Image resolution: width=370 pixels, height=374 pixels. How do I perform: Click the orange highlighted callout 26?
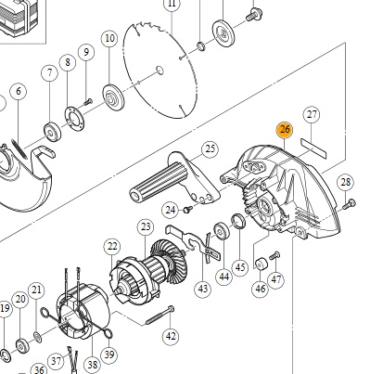pyautogui.click(x=285, y=129)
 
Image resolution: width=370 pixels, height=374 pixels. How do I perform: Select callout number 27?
pyautogui.click(x=312, y=115)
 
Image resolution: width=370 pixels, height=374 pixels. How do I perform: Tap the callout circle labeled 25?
pyautogui.click(x=211, y=148)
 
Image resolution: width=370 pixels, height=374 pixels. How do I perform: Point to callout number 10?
pyautogui.click(x=109, y=38)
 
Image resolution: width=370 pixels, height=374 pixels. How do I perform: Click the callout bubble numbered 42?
pyautogui.click(x=171, y=336)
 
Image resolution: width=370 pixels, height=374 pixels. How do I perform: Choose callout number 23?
pyautogui.click(x=146, y=227)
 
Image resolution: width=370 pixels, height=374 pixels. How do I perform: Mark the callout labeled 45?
pyautogui.click(x=240, y=267)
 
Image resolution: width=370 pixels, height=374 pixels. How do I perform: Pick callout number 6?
pyautogui.click(x=19, y=91)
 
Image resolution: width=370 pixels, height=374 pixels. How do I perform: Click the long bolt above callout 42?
pyautogui.click(x=159, y=316)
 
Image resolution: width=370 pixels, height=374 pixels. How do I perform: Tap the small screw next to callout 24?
pyautogui.click(x=187, y=210)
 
